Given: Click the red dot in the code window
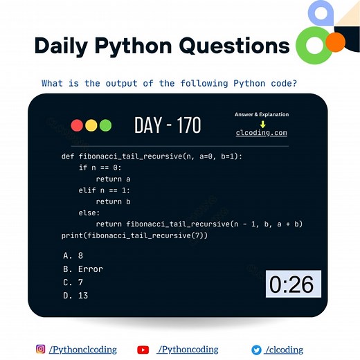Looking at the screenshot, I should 77,125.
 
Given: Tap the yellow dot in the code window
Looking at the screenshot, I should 91,125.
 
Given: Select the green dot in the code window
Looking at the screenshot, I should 105,125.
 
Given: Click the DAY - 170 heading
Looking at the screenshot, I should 168,125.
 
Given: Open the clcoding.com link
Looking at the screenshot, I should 261,133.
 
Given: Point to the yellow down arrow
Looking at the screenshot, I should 262,124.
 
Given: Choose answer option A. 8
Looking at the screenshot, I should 73,255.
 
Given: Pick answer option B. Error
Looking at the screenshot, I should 82,269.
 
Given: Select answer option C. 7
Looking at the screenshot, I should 73,282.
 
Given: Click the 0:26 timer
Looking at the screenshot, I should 292,284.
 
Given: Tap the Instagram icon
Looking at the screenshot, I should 41,350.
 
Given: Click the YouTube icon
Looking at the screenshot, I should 143,350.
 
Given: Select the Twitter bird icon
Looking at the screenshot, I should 255,350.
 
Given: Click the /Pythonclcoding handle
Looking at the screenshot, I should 82,350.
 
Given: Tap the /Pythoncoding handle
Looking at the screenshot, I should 188,350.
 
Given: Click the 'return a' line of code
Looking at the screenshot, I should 114,179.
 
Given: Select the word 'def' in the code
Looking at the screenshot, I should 68,156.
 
